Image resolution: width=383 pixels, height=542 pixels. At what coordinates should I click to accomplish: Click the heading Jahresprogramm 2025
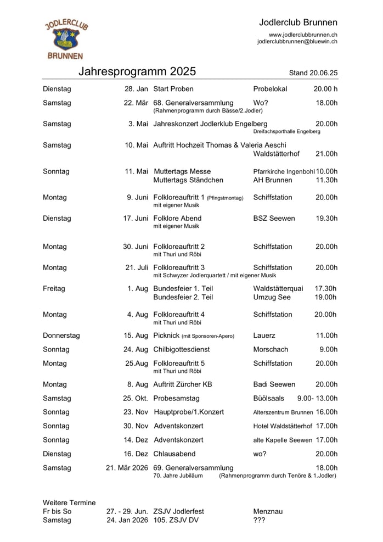137,72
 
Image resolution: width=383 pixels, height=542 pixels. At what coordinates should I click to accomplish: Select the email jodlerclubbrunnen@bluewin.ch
297,42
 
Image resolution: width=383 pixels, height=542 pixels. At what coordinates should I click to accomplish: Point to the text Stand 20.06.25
313,73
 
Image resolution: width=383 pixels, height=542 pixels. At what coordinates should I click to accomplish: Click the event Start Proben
173,89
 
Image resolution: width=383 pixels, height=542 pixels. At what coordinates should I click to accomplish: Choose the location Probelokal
270,89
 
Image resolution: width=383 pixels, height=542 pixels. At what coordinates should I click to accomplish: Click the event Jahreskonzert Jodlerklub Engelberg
210,124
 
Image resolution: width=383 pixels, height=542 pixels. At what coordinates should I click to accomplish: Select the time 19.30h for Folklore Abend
326,218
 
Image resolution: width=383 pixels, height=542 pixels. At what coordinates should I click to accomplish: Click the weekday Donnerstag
61,336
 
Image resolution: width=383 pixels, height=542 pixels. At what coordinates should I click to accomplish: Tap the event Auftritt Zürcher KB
183,384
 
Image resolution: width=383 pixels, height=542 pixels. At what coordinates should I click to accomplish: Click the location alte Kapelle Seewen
283,440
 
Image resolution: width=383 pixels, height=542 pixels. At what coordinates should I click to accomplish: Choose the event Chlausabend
174,454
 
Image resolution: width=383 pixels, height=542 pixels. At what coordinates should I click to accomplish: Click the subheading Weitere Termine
69,502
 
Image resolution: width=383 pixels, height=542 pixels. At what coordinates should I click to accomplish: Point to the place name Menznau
268,511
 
